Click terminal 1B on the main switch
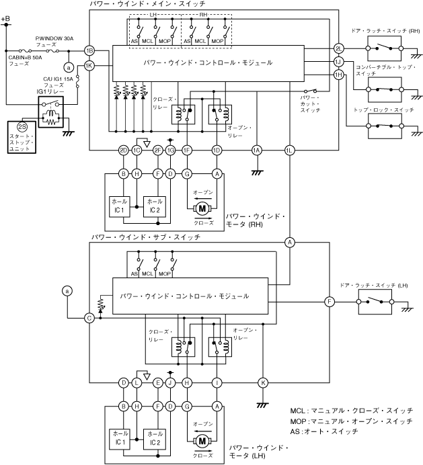click(89, 50)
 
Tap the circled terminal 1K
click(89, 65)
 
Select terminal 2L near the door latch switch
click(338, 48)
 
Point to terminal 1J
click(338, 62)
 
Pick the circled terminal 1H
click(338, 75)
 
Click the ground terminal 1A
click(256, 150)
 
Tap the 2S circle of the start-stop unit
click(22, 126)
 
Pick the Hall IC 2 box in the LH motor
click(155, 437)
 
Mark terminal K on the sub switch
click(263, 382)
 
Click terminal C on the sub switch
click(89, 318)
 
